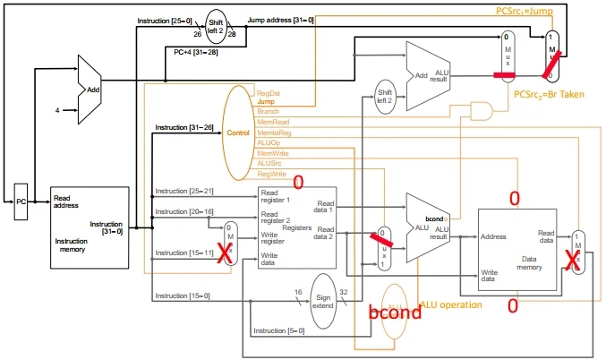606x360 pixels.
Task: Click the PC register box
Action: pos(21,202)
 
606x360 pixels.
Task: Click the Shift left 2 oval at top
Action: pos(217,25)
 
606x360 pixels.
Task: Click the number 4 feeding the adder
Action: pos(57,111)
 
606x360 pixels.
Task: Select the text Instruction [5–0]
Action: pos(277,331)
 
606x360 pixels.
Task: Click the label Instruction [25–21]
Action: pos(183,192)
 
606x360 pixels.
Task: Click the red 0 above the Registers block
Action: pos(299,182)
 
